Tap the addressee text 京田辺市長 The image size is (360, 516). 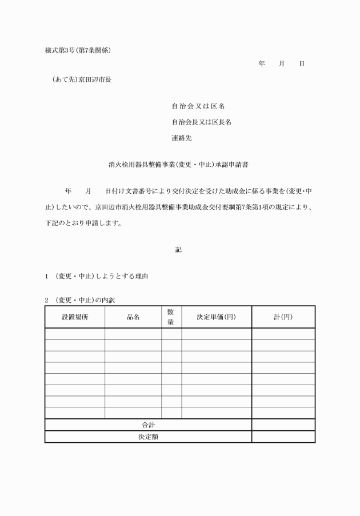pos(95,80)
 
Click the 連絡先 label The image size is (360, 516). pos(182,138)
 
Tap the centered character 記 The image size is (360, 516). pos(179,250)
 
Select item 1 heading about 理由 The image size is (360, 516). pos(97,277)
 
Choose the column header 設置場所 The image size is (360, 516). pos(75,317)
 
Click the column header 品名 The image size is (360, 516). pos(133,317)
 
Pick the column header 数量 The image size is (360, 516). pos(171,317)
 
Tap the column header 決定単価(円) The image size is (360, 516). pos(217,317)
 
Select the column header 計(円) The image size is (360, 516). pos(283,317)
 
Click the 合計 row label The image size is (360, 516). pos(148,425)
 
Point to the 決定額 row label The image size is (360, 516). pos(148,436)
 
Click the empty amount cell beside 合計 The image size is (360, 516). pos(283,425)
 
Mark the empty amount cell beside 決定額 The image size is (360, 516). pos(283,436)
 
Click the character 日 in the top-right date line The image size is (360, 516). pos(301,63)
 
